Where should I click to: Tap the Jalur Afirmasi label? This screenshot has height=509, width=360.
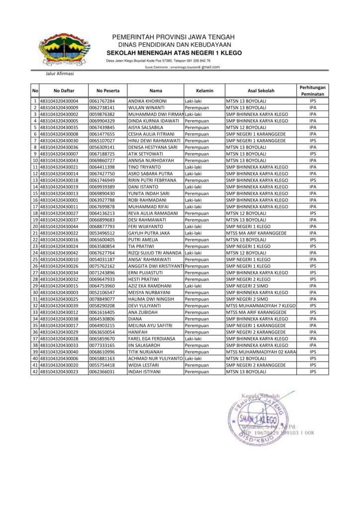coord(59,74)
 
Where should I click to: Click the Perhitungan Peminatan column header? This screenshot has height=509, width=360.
coord(312,90)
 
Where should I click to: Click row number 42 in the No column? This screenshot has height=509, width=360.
coord(35,371)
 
